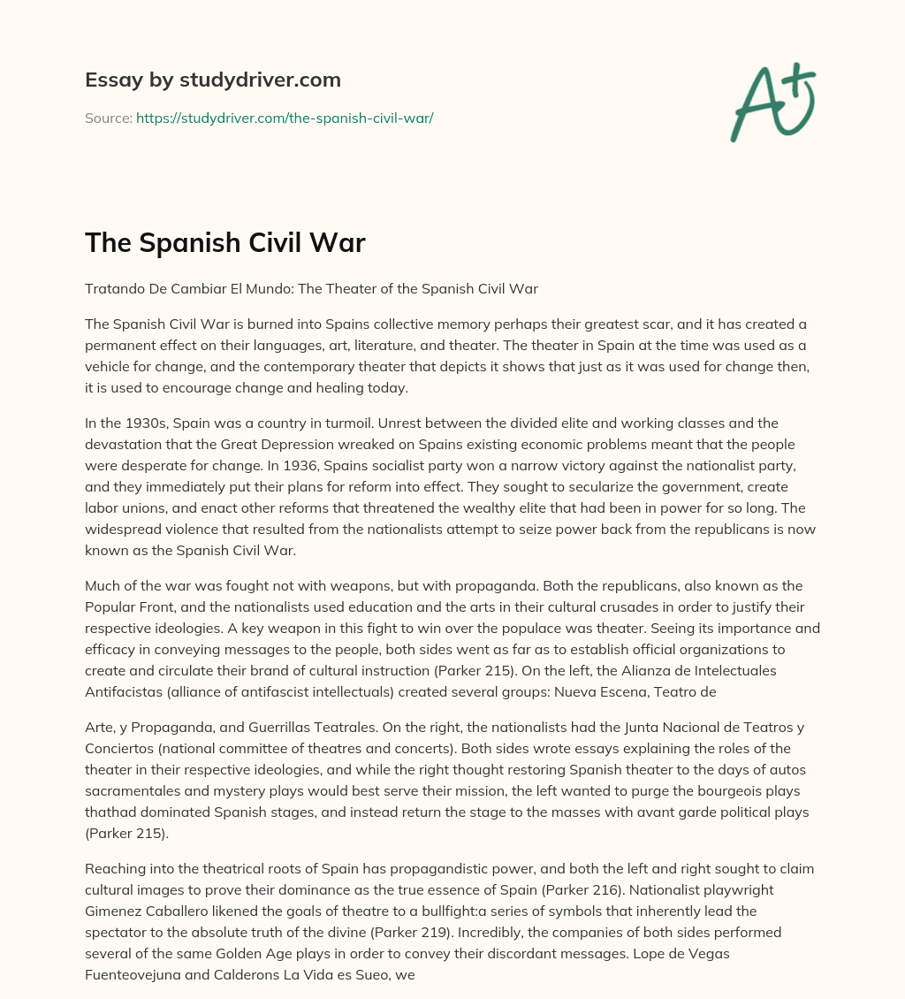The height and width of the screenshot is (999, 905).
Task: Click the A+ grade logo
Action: pyautogui.click(x=772, y=101)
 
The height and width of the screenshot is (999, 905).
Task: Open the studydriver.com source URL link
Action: pyautogui.click(x=284, y=118)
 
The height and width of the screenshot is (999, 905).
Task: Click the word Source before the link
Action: pyautogui.click(x=108, y=118)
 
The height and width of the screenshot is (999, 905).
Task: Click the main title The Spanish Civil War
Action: pyautogui.click(x=224, y=243)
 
